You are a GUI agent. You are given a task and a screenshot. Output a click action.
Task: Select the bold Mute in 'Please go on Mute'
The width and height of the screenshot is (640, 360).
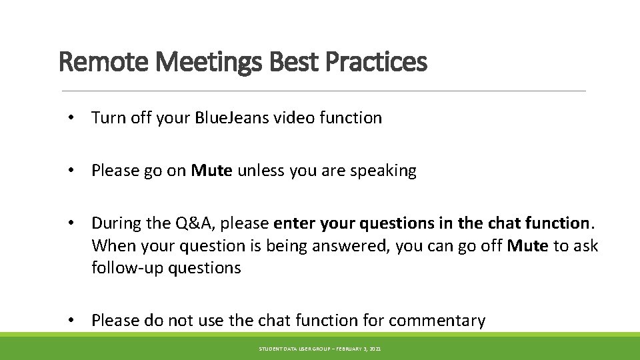tap(211, 171)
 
